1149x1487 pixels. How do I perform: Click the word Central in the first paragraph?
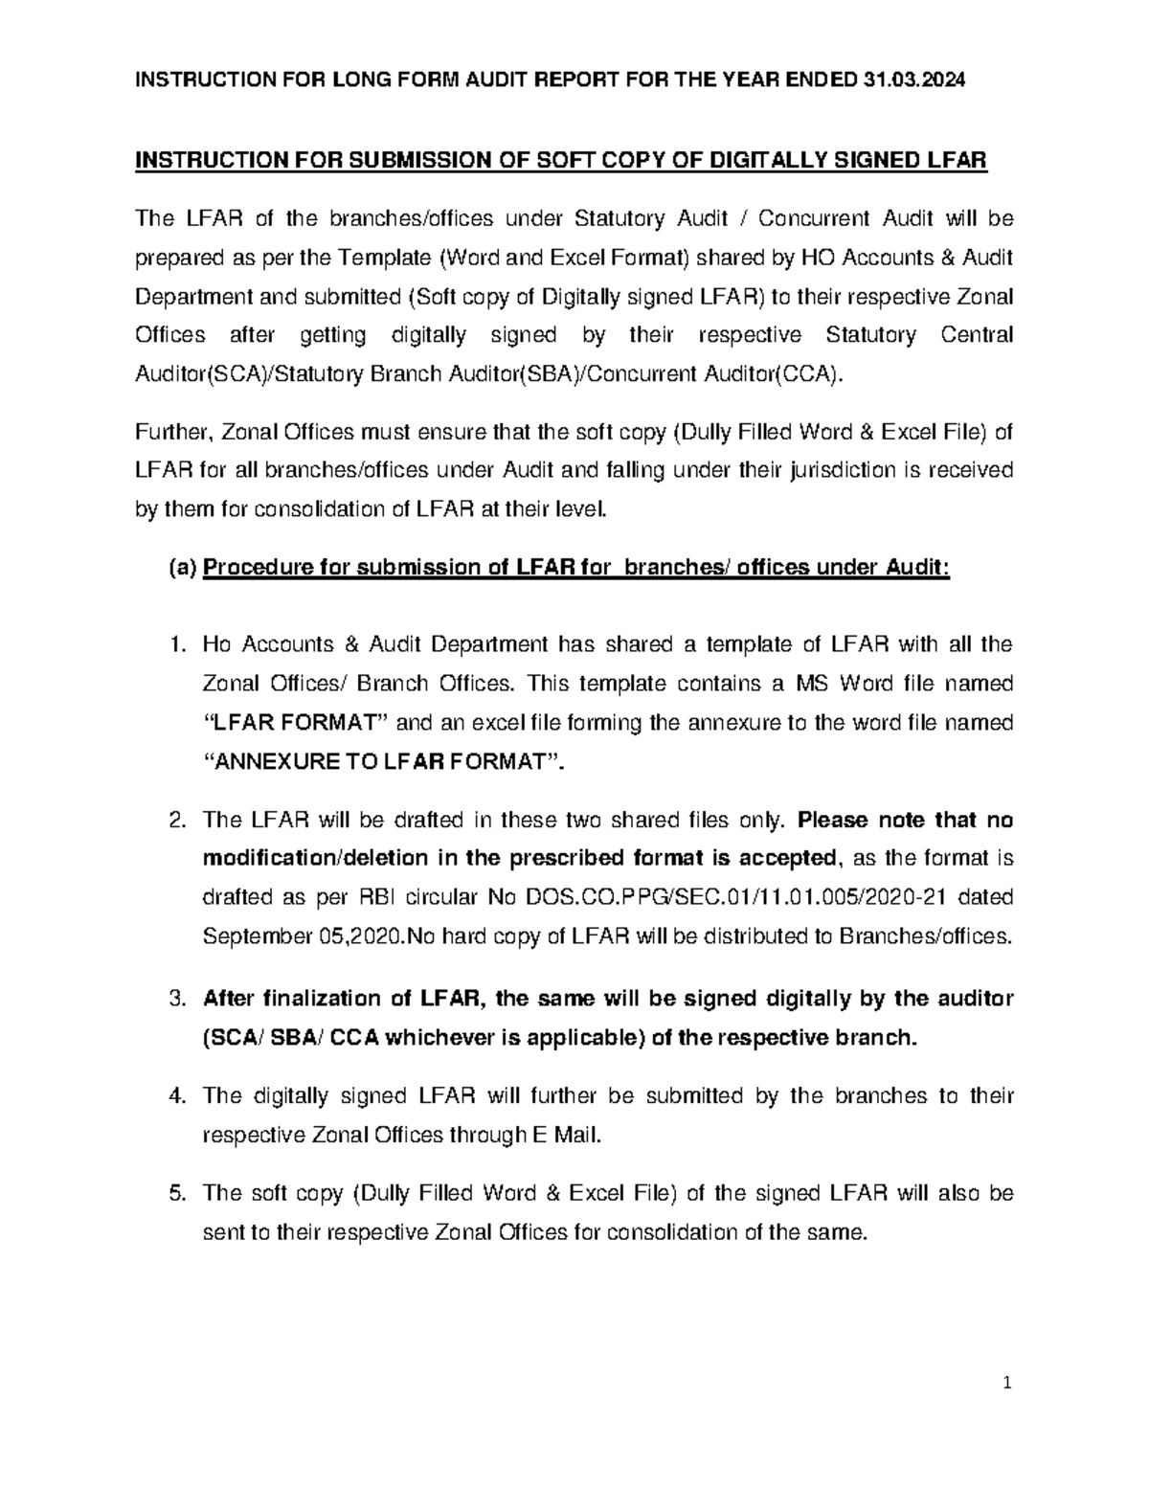(x=977, y=335)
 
